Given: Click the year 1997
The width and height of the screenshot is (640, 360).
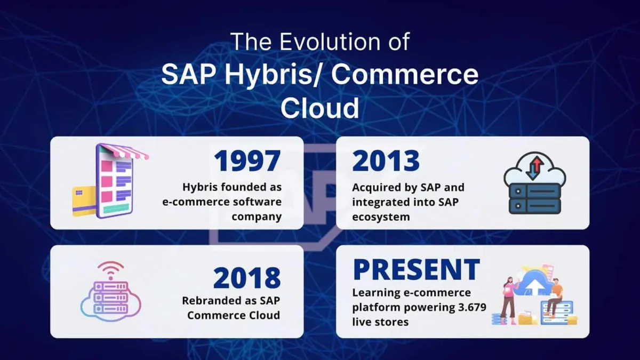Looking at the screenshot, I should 247,161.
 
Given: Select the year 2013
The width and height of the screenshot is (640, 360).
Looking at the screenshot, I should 386,161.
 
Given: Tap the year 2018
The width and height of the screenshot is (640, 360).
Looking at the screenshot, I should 247,277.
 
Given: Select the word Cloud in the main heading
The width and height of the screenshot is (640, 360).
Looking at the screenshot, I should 319,108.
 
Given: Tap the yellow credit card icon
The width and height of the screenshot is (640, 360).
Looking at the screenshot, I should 84,202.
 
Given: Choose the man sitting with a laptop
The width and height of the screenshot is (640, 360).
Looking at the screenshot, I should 556,292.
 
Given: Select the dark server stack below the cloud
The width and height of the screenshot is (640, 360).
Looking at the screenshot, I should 535,198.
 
